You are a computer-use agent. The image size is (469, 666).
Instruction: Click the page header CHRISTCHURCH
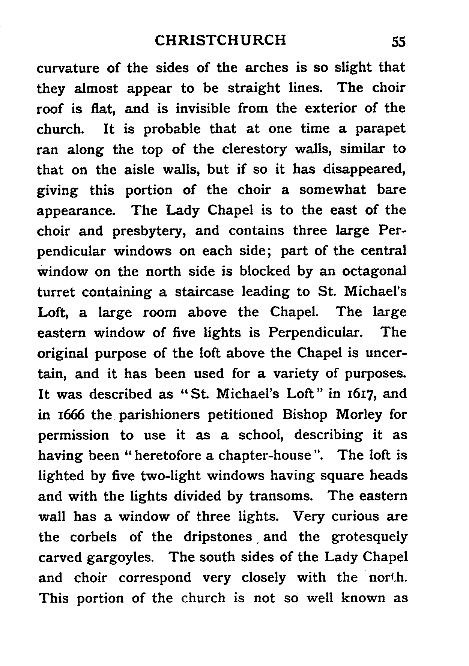point(221,40)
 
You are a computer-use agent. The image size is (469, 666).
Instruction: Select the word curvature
point(68,68)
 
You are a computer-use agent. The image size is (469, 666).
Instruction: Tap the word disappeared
point(364,170)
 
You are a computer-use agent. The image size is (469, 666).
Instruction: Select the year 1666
point(66,415)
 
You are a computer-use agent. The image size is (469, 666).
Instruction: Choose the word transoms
point(281,496)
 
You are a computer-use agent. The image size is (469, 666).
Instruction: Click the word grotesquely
point(369,537)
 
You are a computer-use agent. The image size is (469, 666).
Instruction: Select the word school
point(261,435)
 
